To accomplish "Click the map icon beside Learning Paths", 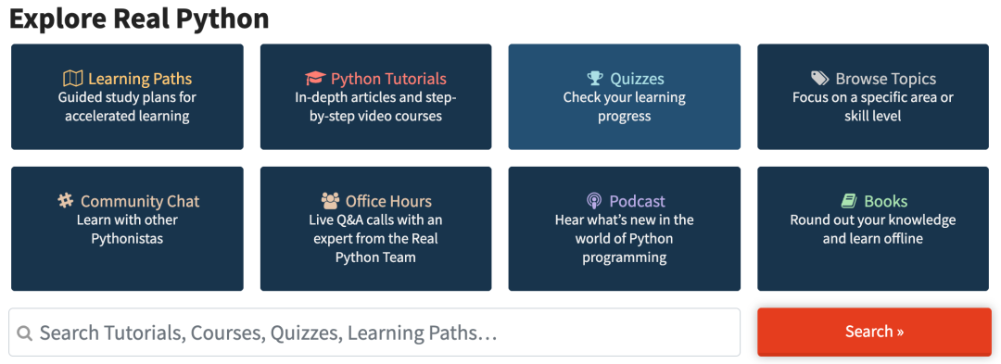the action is point(73,79).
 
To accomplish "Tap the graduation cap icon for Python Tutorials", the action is point(315,79).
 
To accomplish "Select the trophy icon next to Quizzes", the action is point(595,79).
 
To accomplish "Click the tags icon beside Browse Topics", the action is point(820,79).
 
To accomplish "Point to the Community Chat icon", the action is point(65,201).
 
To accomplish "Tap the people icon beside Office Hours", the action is point(330,201).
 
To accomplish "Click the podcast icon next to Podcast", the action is point(594,201).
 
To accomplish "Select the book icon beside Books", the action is point(848,201).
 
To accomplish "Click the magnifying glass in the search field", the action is point(25,333).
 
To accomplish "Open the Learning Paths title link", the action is point(140,79).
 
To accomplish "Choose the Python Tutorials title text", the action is point(388,79).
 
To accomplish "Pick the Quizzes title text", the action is point(637,79).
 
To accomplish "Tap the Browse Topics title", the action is point(885,79).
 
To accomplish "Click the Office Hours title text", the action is point(388,201).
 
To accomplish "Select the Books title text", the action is point(885,201).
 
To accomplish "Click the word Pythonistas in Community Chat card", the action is point(127,239).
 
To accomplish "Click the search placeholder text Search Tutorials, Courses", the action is point(152,333).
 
